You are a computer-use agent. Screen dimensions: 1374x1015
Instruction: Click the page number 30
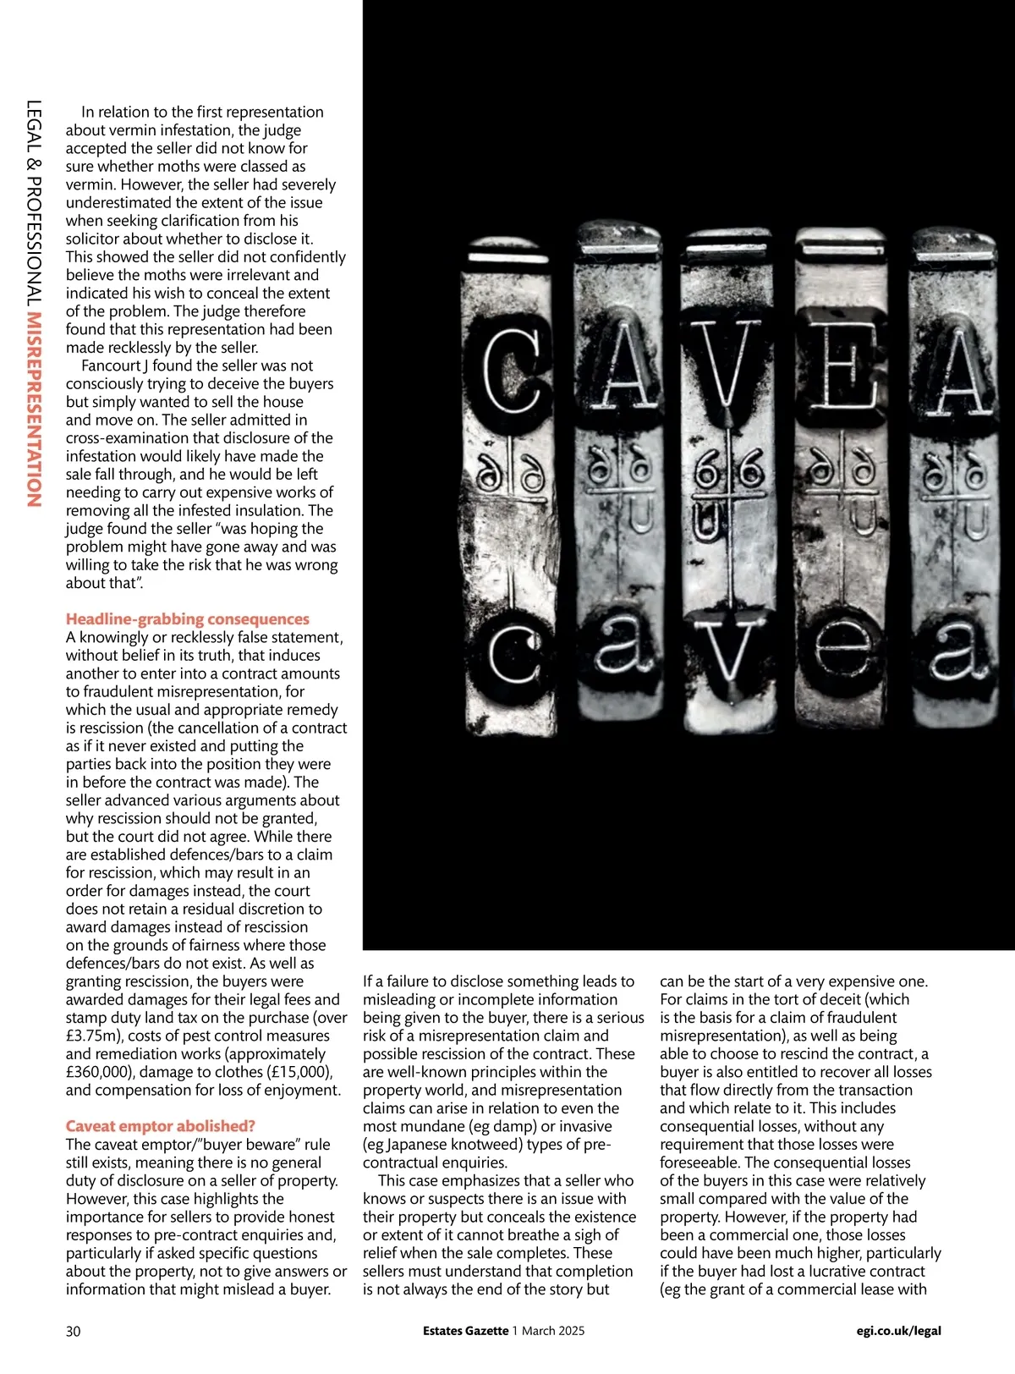(x=74, y=1331)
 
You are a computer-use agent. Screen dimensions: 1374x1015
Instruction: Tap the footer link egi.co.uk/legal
(x=898, y=1331)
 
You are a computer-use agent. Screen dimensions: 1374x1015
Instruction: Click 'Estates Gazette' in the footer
(x=466, y=1331)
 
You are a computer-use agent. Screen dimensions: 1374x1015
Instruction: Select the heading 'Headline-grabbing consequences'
(x=188, y=619)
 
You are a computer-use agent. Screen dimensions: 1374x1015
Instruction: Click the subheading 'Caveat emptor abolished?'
(x=161, y=1126)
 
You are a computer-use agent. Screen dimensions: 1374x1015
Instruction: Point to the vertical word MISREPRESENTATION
(x=35, y=409)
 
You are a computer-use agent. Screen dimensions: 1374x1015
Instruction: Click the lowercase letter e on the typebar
(x=848, y=651)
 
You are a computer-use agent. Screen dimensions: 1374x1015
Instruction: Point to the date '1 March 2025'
(x=548, y=1331)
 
